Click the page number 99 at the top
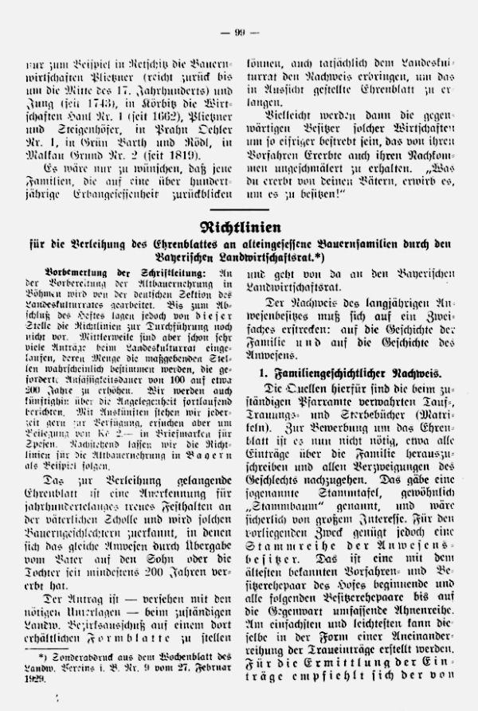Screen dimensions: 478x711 click(240, 32)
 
